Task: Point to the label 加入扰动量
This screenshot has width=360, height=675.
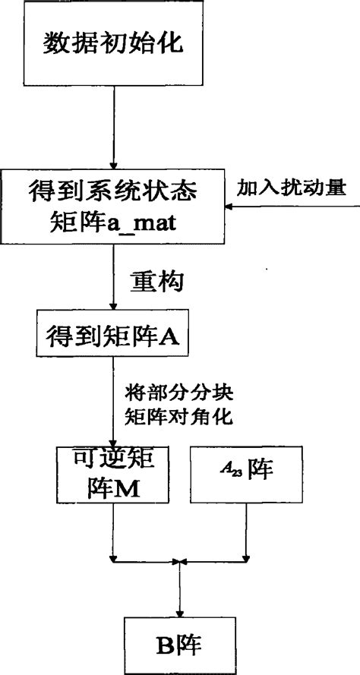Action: pos(289,186)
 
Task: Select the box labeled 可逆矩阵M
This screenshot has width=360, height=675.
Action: pos(112,475)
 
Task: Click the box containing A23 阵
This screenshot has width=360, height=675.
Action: pos(245,475)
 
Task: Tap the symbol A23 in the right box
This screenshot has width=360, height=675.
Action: pos(225,470)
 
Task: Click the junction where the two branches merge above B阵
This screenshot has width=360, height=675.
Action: pos(179,562)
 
